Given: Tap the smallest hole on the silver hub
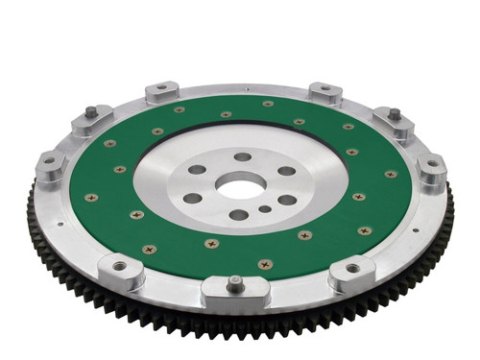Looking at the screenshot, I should tap(264, 207).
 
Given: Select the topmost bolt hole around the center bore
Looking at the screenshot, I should tap(242, 156).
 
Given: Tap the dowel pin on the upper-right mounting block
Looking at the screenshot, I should tap(394, 114).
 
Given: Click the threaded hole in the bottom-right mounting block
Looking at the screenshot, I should tap(352, 271).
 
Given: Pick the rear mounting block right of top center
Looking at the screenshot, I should tap(325, 93).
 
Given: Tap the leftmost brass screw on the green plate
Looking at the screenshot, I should tap(90, 199).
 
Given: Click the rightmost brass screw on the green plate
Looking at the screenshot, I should tap(391, 175).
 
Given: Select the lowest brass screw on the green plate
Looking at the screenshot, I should tap(264, 263).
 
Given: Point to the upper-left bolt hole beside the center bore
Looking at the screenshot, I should tap(198, 169).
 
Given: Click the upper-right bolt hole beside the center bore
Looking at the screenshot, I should tap(286, 171).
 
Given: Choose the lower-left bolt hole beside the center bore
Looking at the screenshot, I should tap(193, 198).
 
